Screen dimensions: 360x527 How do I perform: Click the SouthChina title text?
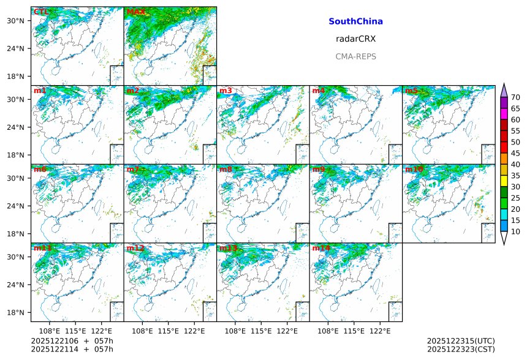[355, 21]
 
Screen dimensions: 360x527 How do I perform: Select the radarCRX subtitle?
[355, 39]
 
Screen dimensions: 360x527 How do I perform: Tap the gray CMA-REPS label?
[355, 56]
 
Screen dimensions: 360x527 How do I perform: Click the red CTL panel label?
[41, 12]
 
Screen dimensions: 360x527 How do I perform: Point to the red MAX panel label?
[135, 12]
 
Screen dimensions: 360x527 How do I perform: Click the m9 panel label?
[319, 169]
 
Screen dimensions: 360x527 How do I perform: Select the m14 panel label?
[320, 248]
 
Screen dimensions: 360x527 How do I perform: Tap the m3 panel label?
[226, 91]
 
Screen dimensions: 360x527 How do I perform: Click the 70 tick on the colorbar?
[515, 97]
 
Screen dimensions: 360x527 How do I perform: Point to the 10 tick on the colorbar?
[515, 231]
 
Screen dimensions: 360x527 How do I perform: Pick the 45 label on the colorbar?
[515, 153]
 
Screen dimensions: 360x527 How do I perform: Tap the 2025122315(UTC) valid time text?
[461, 340]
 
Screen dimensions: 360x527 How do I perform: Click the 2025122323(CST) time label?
[461, 349]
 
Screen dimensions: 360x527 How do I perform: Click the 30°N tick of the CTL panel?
[15, 21]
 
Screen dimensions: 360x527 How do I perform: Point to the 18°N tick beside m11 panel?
[15, 312]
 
